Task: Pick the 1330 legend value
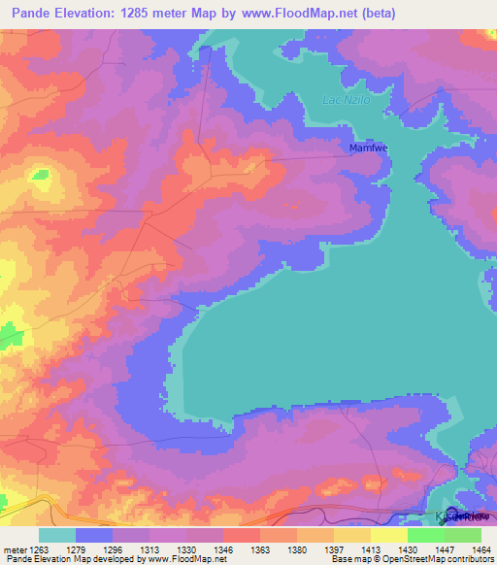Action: tap(196, 549)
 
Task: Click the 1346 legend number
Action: tap(233, 549)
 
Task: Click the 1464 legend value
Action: tap(479, 549)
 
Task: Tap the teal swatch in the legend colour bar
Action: tap(57, 535)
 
